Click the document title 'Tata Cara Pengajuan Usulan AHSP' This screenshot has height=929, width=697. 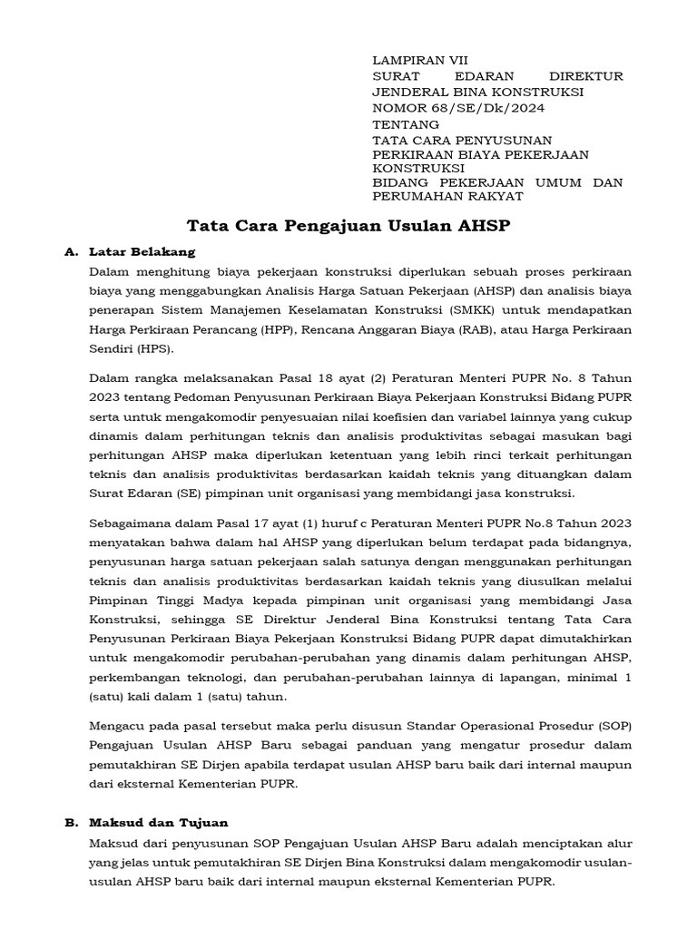(x=348, y=226)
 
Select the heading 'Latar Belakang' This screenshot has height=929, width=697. (x=142, y=251)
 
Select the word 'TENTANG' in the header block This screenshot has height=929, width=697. (x=406, y=124)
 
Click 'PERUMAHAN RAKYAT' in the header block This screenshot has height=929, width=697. (x=447, y=196)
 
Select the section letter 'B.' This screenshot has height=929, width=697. (x=72, y=822)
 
